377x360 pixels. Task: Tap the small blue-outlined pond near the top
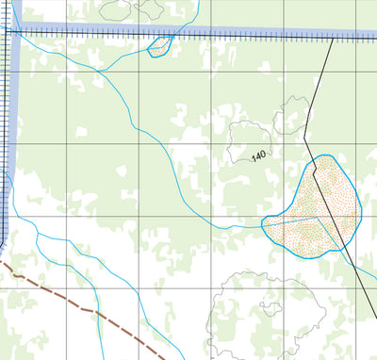pyautogui.click(x=158, y=46)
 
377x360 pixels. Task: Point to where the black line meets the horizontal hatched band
pyautogui.click(x=334, y=38)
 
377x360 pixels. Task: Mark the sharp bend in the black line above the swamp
pyautogui.click(x=305, y=138)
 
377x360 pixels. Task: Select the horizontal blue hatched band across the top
pyautogui.click(x=188, y=33)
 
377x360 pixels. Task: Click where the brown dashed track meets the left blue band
pyautogui.click(x=3, y=265)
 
